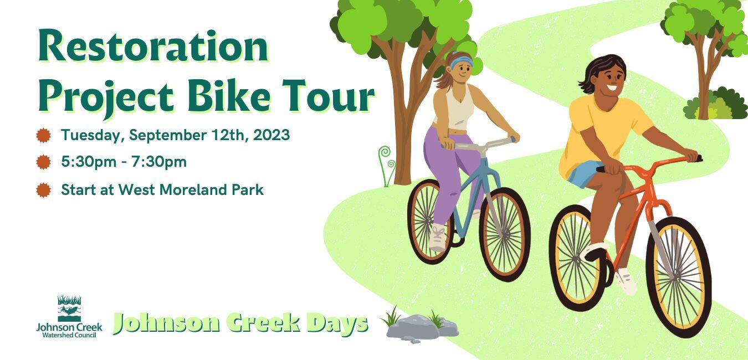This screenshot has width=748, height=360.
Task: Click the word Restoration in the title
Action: pyautogui.click(x=153, y=46)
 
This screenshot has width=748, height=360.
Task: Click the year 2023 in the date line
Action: pyautogui.click(x=271, y=135)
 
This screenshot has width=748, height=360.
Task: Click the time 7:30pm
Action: pyautogui.click(x=159, y=162)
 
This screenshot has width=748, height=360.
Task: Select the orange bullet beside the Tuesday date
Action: pyautogui.click(x=43, y=136)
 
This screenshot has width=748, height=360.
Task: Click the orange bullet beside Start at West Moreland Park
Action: pyautogui.click(x=43, y=190)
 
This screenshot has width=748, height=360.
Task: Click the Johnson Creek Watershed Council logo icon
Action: pyautogui.click(x=69, y=308)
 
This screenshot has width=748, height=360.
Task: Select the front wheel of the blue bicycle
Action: pyautogui.click(x=505, y=234)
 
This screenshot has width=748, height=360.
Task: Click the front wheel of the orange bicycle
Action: pyautogui.click(x=679, y=277)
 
